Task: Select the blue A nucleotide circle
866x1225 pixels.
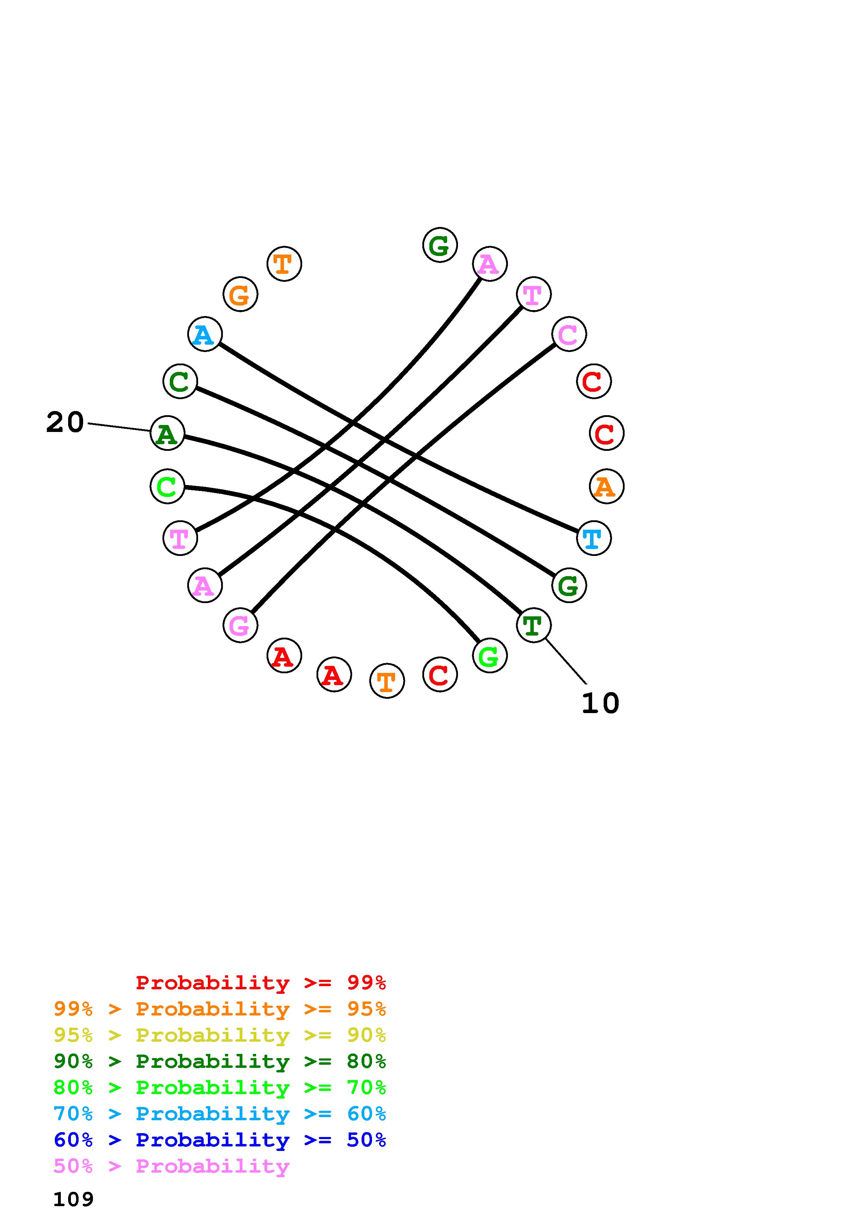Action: pyautogui.click(x=205, y=335)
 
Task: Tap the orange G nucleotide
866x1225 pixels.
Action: pyautogui.click(x=240, y=294)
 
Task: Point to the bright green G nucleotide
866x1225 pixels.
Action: pyautogui.click(x=489, y=656)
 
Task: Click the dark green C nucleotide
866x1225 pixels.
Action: pyautogui.click(x=180, y=381)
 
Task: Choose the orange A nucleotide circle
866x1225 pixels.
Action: pyautogui.click(x=606, y=486)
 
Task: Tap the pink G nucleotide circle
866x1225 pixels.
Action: pyautogui.click(x=240, y=625)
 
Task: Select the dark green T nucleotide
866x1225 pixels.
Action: pyautogui.click(x=533, y=625)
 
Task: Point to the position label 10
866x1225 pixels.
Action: pyautogui.click(x=600, y=703)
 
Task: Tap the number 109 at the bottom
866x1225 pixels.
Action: pyautogui.click(x=74, y=1200)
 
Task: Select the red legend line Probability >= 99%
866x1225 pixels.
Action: pyautogui.click(x=261, y=983)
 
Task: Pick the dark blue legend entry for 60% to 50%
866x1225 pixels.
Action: pyautogui.click(x=220, y=1140)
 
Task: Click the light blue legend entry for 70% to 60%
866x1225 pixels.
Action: pyautogui.click(x=220, y=1114)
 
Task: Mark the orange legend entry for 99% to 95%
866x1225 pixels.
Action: pyautogui.click(x=220, y=1009)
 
